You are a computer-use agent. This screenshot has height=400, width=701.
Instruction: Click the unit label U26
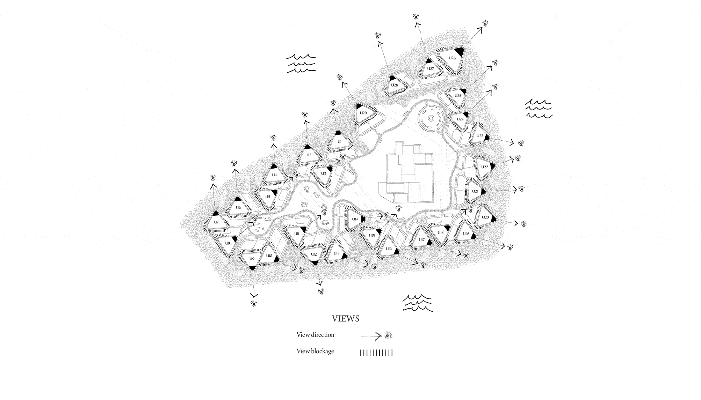pyautogui.click(x=452, y=58)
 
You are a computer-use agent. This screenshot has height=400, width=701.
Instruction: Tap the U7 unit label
pyautogui.click(x=216, y=222)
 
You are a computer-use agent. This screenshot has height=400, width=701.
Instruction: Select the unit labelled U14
pyautogui.click(x=355, y=219)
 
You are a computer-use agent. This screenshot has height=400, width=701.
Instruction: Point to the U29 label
pyautogui.click(x=363, y=113)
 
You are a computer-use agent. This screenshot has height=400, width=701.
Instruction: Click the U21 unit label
pyautogui.click(x=475, y=191)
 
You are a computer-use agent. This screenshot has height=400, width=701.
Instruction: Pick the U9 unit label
pyautogui.click(x=252, y=259)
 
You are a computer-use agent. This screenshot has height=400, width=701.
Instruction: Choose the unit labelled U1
pyautogui.click(x=339, y=142)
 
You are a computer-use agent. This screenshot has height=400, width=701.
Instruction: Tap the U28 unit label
pyautogui.click(x=395, y=85)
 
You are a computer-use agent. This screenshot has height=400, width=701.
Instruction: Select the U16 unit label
pyautogui.click(x=389, y=249)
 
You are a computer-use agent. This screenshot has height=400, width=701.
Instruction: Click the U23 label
pyautogui.click(x=480, y=136)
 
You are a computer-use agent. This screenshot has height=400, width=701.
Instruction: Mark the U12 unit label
pyautogui.click(x=314, y=254)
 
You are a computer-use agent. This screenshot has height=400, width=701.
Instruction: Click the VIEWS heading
pyautogui.click(x=346, y=319)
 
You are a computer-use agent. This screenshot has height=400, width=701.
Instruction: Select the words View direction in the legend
pyautogui.click(x=315, y=335)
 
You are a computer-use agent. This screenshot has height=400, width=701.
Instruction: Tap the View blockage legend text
pyautogui.click(x=315, y=351)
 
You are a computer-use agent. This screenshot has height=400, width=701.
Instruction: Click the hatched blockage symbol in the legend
pyautogui.click(x=376, y=353)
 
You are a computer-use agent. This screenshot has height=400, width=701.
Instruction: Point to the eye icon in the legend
pyautogui.click(x=388, y=336)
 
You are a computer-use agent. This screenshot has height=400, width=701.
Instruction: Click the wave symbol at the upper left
pyautogui.click(x=301, y=64)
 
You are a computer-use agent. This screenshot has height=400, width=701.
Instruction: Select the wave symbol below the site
pyautogui.click(x=417, y=303)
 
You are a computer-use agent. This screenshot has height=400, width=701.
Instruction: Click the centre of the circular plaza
pyautogui.click(x=431, y=119)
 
